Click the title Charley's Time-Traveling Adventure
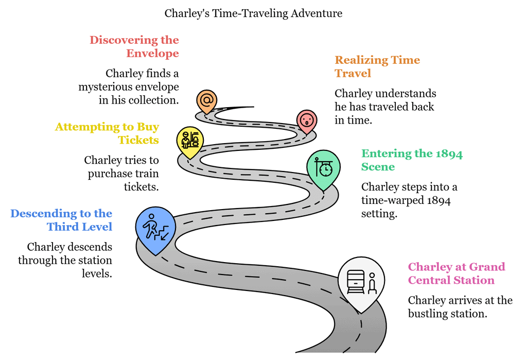point(253,13)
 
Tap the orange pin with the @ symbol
point(207,100)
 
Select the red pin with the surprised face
point(307,121)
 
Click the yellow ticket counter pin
point(190,139)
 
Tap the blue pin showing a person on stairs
point(155,228)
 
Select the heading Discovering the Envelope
point(134,46)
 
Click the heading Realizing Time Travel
point(377,66)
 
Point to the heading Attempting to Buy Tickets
point(107,133)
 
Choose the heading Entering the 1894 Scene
point(412,160)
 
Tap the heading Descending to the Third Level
point(61,220)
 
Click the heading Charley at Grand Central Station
point(456,273)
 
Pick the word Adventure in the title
point(317,13)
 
